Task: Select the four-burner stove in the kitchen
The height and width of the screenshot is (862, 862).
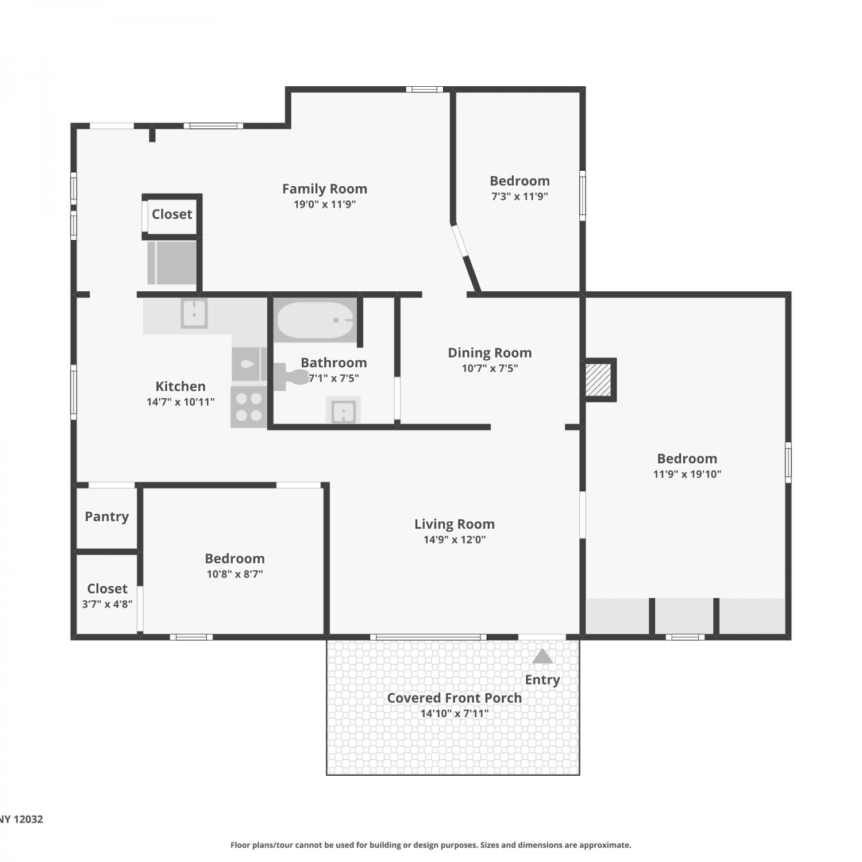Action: pyautogui.click(x=249, y=407)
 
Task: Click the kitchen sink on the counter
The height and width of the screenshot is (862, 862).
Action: pyautogui.click(x=194, y=314)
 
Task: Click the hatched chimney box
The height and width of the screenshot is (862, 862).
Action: pyautogui.click(x=598, y=379)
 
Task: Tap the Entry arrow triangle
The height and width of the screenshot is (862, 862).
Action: pyautogui.click(x=542, y=656)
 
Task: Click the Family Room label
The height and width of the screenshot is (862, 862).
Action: pyautogui.click(x=325, y=188)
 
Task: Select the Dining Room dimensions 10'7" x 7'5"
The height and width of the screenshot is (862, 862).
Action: pyautogui.click(x=490, y=368)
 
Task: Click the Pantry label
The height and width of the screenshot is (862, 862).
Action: pyautogui.click(x=107, y=517)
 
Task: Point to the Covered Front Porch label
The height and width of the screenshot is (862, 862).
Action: pyautogui.click(x=455, y=698)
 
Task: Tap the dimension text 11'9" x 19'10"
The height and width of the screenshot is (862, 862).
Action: pyautogui.click(x=687, y=474)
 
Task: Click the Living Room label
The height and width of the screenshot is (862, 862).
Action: pyautogui.click(x=455, y=524)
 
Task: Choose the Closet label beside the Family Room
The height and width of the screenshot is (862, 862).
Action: pyautogui.click(x=172, y=214)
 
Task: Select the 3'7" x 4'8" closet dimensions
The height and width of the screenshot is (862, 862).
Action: pyautogui.click(x=107, y=604)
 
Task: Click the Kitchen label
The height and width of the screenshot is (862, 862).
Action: pyautogui.click(x=180, y=386)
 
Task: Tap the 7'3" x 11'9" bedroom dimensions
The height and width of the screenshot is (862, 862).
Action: pyautogui.click(x=519, y=197)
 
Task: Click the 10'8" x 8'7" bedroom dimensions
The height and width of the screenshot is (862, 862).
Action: pyautogui.click(x=235, y=574)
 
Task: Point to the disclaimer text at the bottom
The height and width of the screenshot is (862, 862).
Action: pyautogui.click(x=431, y=845)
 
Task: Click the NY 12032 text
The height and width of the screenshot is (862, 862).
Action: pyautogui.click(x=21, y=819)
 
